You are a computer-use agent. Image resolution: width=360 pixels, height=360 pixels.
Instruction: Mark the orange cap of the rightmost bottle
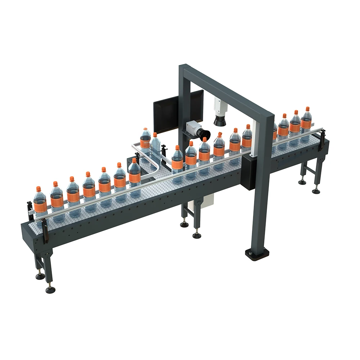click(x=307, y=108)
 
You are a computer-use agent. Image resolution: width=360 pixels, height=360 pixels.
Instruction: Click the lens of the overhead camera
click(x=220, y=121)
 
